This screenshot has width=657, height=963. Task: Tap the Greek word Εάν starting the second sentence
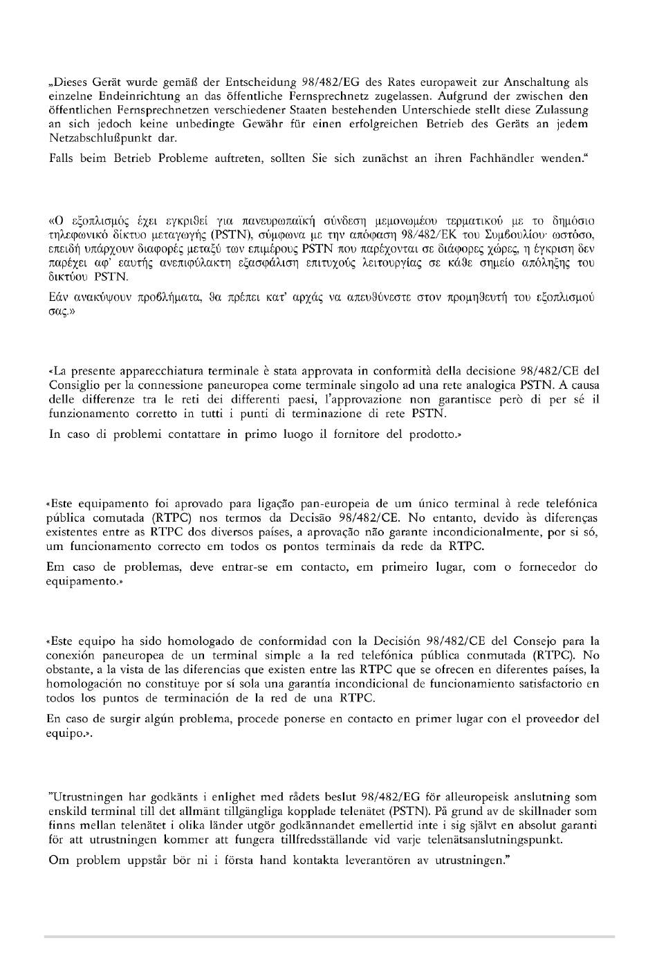pos(59,297)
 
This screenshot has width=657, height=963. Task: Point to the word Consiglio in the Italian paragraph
pos(72,386)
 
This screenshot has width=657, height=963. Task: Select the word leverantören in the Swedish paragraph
pos(362,861)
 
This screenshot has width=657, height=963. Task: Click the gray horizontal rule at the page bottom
pos(329,937)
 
